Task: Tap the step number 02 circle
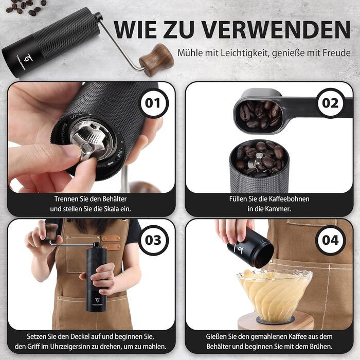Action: coord(330,103)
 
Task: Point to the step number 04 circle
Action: coord(330,240)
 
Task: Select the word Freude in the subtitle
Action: coord(336,53)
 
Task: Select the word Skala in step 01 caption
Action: coord(112,209)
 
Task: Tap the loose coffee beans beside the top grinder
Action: coord(26,6)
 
